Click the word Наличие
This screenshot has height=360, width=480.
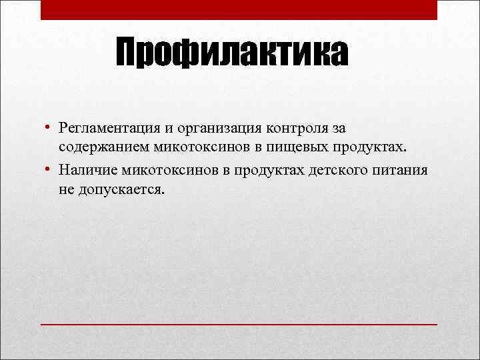[83, 171]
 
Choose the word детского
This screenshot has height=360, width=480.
[336, 171]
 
